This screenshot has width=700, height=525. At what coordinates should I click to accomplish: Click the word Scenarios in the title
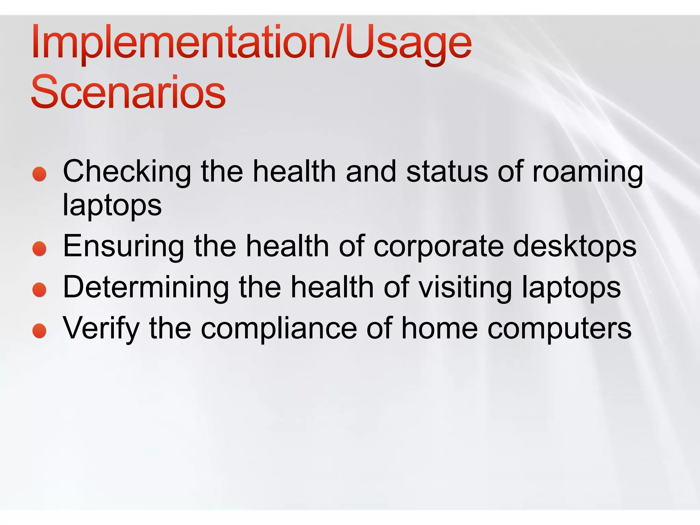click(x=128, y=92)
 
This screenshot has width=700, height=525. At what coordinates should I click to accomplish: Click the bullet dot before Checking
click(x=40, y=174)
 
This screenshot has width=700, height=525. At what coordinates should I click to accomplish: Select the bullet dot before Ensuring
click(x=40, y=248)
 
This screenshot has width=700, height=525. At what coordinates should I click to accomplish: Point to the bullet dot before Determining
click(x=40, y=290)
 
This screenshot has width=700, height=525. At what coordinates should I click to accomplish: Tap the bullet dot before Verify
click(x=40, y=331)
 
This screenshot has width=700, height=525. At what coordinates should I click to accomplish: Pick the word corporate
click(x=439, y=247)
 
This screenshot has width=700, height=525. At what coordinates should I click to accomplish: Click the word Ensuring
click(x=124, y=247)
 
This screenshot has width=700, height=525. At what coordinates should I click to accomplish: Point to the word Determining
click(x=146, y=288)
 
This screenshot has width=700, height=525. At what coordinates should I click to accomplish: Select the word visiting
click(x=465, y=288)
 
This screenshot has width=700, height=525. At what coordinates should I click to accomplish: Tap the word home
click(x=440, y=328)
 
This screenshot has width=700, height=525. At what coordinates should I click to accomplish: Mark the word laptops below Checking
click(x=112, y=206)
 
